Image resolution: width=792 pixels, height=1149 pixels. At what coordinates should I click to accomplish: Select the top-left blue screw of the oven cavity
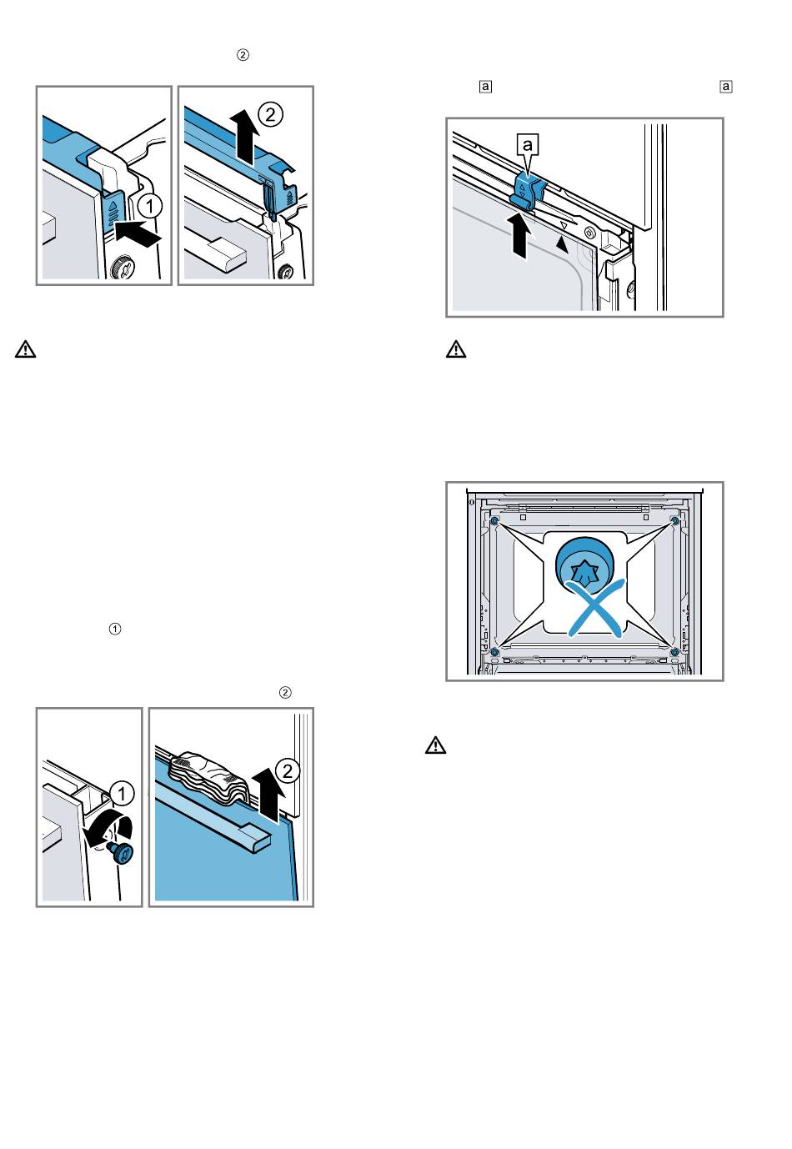(494, 521)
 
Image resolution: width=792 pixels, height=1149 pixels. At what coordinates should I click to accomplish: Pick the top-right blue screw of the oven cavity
(674, 521)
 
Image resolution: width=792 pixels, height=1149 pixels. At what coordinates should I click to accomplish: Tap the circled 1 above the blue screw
(122, 791)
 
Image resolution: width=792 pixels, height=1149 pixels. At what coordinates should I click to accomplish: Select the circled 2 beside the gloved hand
(287, 770)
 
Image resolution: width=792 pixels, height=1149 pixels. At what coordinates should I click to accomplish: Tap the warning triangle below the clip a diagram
(456, 350)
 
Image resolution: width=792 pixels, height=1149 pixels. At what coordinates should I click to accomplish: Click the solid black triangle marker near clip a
(562, 243)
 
